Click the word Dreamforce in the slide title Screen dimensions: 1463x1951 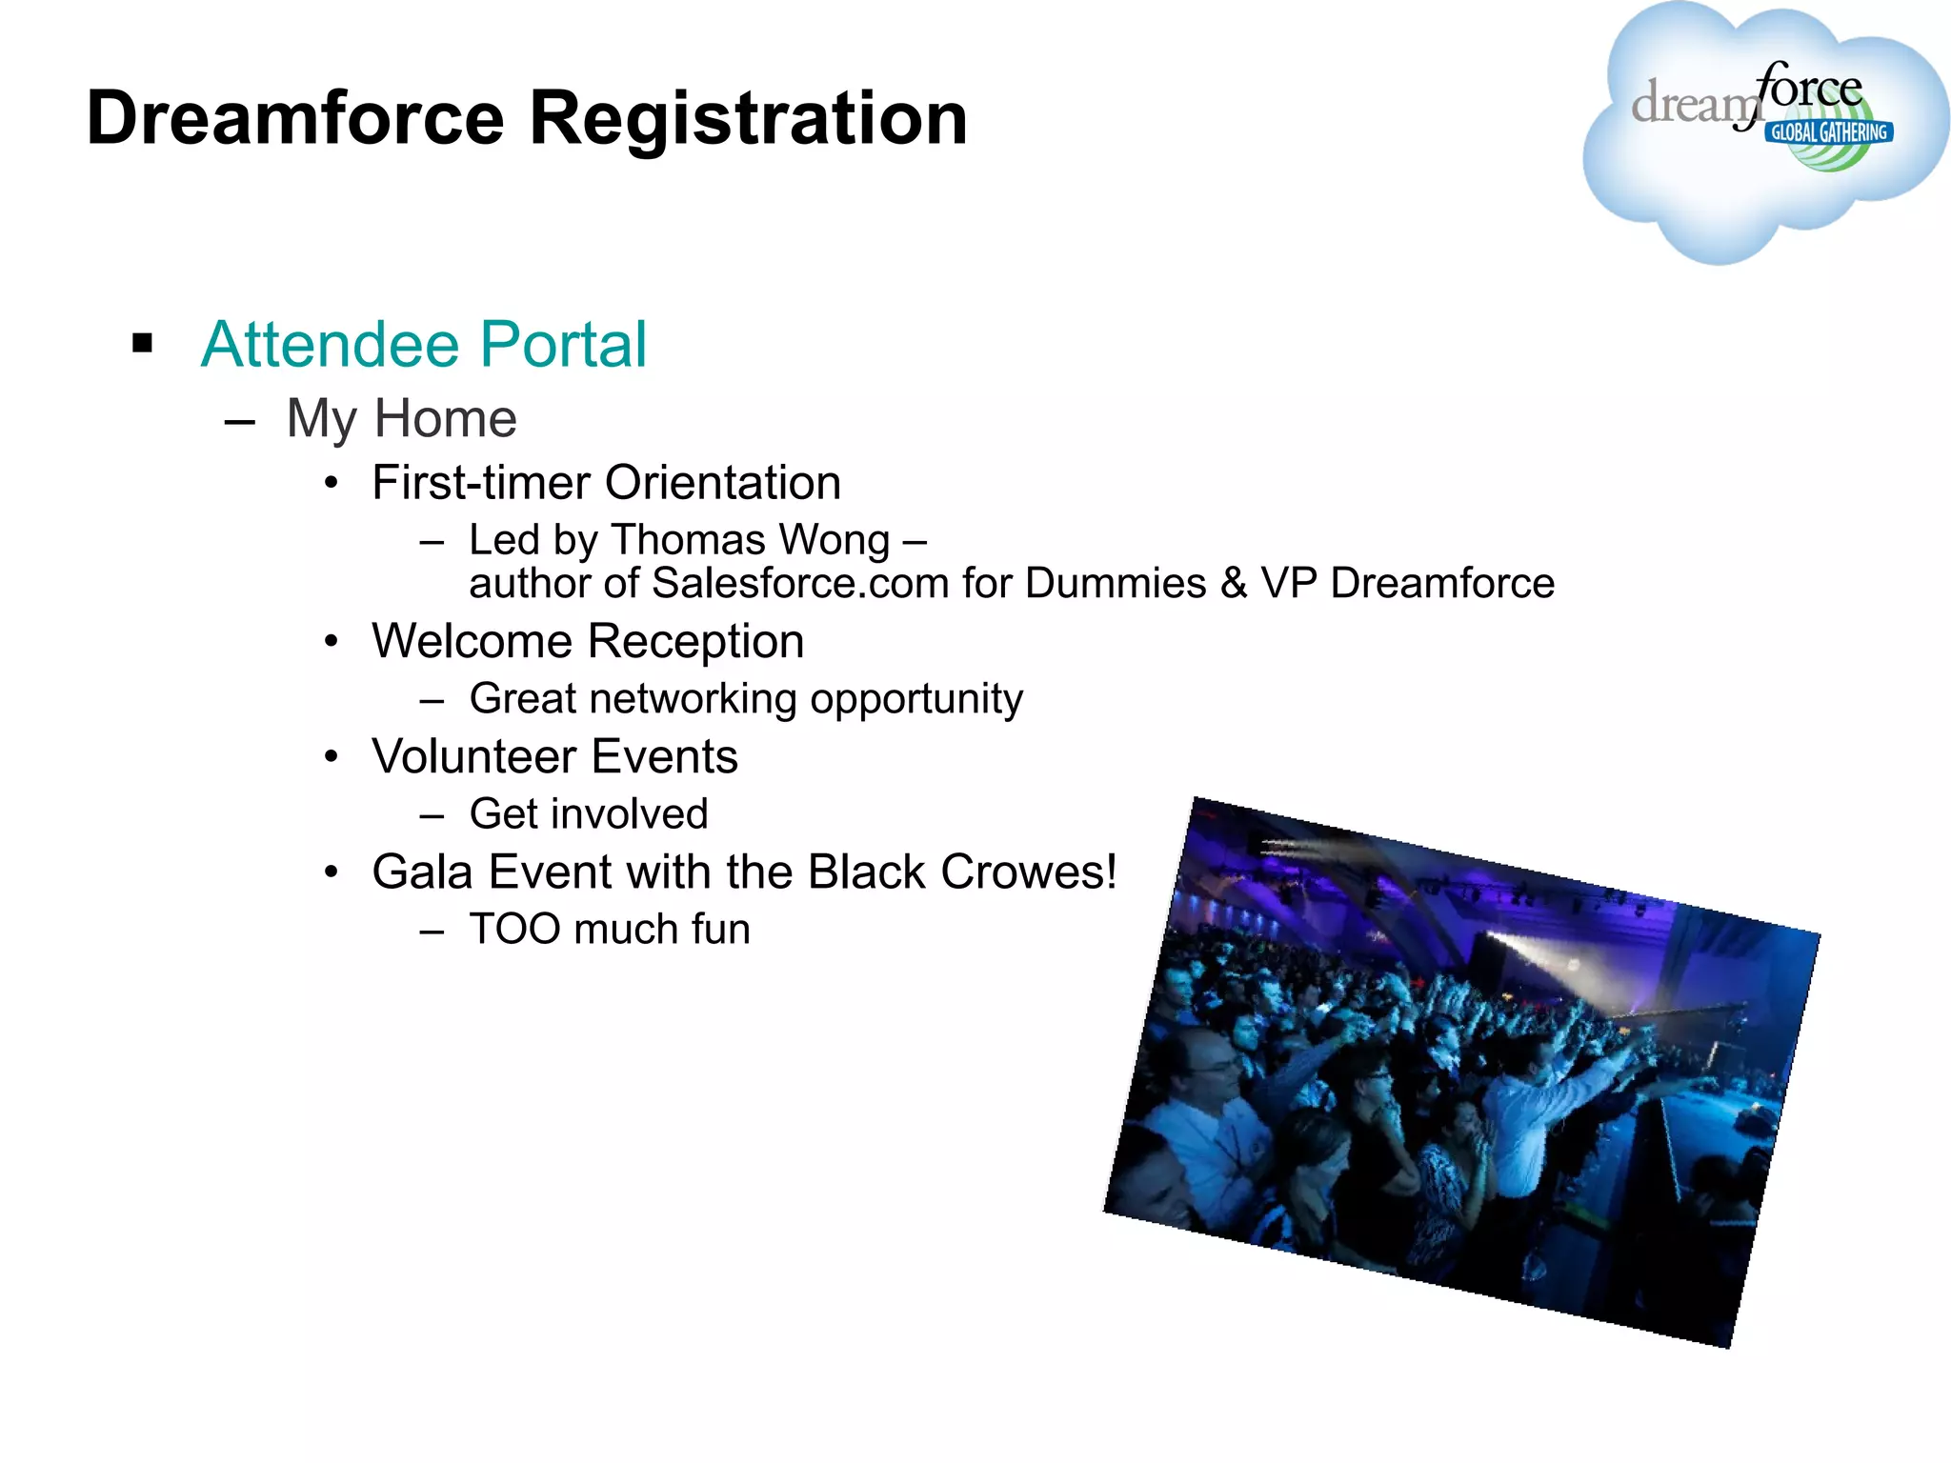coord(295,119)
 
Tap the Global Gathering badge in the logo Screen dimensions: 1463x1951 coord(1829,132)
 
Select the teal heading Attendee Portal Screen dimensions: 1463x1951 coord(424,344)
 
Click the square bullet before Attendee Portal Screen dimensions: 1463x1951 coord(143,343)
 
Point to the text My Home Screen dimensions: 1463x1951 coord(401,419)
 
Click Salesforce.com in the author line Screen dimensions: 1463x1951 coord(801,583)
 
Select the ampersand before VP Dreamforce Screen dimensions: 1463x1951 coord(1234,583)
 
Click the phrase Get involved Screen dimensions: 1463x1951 coord(589,814)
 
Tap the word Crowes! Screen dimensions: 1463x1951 coord(1029,872)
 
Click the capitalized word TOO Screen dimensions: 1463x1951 coord(515,930)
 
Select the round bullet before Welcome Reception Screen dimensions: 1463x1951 coord(331,642)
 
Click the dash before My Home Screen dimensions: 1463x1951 coord(240,420)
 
